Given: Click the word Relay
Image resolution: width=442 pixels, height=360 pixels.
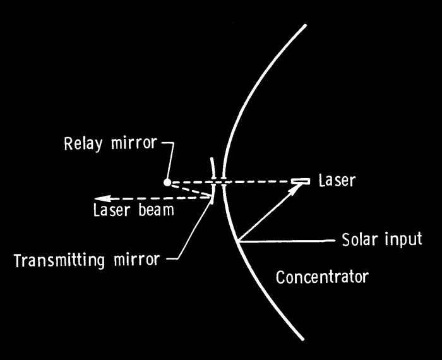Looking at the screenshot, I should [83, 143].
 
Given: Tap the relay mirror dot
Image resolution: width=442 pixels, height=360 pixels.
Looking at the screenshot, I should [167, 183].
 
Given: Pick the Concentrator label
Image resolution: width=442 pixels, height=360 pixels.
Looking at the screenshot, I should [322, 277].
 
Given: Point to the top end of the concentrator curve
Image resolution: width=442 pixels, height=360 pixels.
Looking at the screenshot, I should [306, 26].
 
